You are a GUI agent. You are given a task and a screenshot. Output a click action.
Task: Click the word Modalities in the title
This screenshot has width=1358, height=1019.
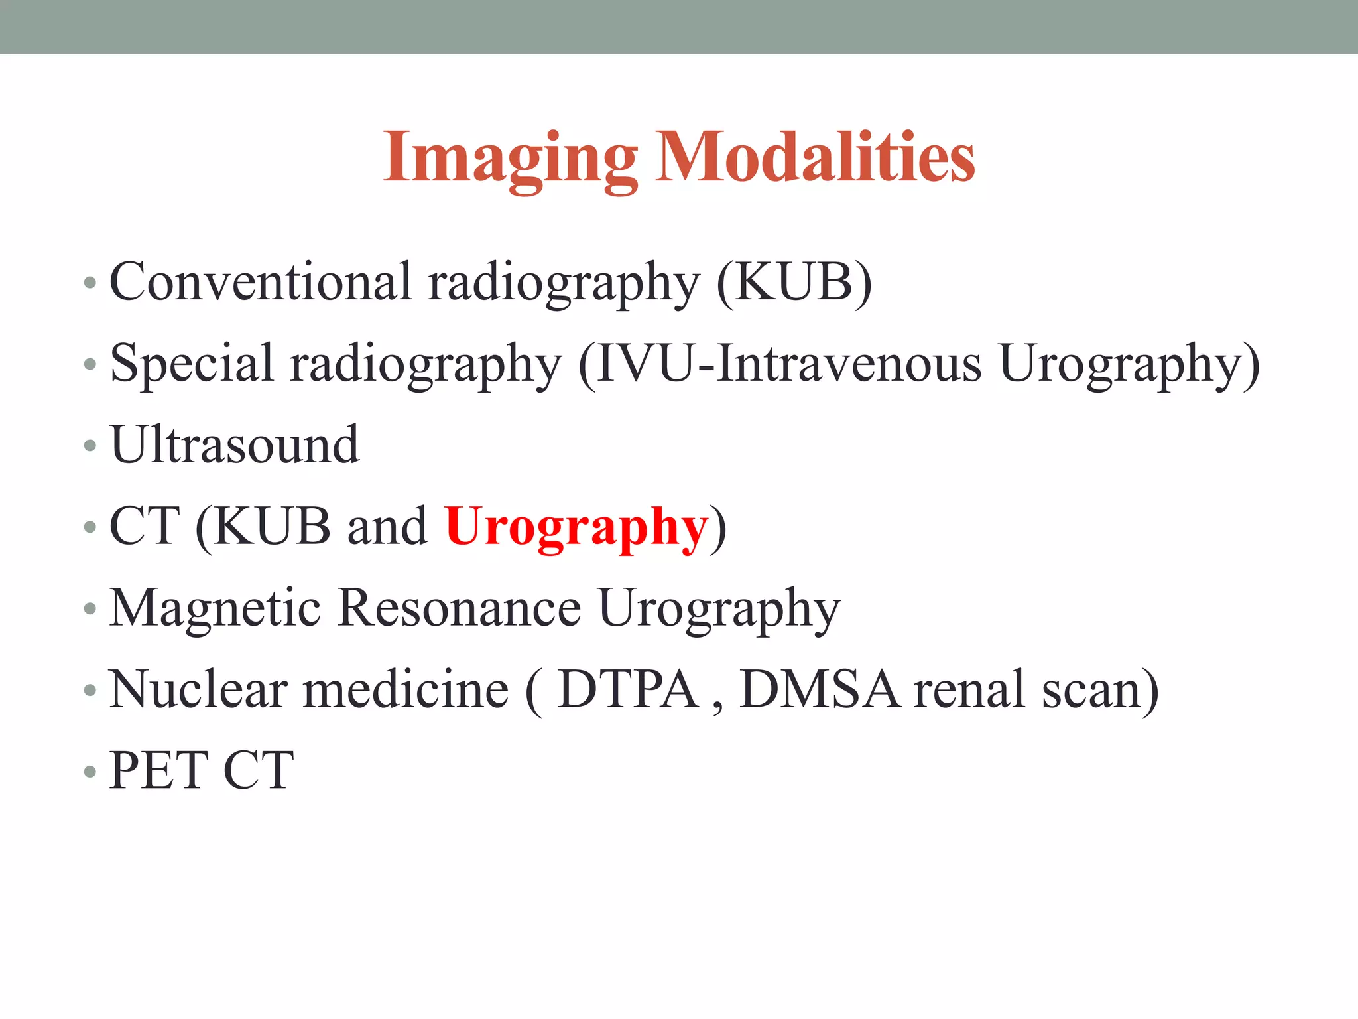(x=816, y=157)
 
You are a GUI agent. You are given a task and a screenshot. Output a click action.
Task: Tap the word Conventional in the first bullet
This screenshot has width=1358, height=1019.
(x=260, y=281)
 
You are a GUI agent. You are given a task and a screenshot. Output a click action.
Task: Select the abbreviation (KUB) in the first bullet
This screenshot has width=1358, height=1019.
(x=794, y=283)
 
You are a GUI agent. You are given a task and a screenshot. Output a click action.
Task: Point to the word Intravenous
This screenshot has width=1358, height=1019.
(x=849, y=364)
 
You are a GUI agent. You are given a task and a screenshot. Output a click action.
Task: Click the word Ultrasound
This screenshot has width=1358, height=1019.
(x=235, y=444)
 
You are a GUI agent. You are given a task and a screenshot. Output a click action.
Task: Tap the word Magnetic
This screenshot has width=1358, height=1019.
(x=215, y=608)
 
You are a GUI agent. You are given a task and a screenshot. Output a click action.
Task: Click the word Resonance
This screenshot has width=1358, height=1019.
(x=459, y=608)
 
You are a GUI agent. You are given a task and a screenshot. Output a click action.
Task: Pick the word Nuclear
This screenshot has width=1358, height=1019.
(x=198, y=690)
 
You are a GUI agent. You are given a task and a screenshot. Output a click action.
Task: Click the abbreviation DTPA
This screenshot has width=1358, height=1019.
(x=629, y=690)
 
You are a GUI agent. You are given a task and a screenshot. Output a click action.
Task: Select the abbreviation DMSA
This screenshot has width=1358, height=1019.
(x=820, y=690)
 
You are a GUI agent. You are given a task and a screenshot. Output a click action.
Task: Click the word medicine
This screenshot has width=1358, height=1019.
(x=406, y=690)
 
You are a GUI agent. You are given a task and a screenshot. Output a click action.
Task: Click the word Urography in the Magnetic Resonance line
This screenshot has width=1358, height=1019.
(x=719, y=609)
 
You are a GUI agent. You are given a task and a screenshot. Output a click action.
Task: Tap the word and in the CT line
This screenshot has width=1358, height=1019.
(x=387, y=527)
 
